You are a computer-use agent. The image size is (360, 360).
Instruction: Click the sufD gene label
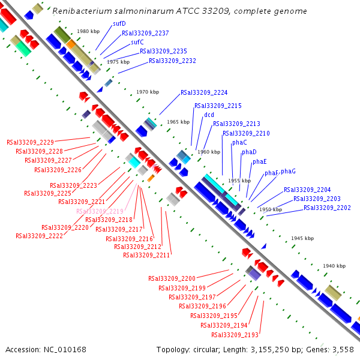click(119, 23)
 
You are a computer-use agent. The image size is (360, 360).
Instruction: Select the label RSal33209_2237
click(145, 33)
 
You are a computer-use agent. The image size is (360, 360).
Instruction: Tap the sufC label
click(137, 42)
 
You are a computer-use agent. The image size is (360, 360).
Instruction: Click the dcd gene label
click(209, 115)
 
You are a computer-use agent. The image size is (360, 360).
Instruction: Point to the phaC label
click(239, 143)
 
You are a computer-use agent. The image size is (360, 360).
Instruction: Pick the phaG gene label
click(288, 171)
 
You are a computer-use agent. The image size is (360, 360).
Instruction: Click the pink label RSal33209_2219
click(100, 211)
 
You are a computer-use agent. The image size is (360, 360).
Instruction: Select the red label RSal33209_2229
click(31, 142)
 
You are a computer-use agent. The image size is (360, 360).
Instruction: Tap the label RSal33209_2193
click(235, 335)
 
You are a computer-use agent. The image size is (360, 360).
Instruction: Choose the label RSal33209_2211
click(146, 256)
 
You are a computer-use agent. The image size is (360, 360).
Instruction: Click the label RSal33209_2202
click(327, 208)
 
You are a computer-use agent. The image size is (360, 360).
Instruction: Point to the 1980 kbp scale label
click(88, 31)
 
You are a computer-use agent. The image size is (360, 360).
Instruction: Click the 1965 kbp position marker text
click(178, 122)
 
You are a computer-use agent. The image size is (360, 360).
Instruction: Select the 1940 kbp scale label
click(334, 266)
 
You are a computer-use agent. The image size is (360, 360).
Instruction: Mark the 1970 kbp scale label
click(148, 92)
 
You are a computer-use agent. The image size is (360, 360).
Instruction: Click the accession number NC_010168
click(65, 350)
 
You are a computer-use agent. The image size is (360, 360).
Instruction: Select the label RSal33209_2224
click(204, 92)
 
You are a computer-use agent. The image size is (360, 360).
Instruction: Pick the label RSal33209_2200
click(172, 279)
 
